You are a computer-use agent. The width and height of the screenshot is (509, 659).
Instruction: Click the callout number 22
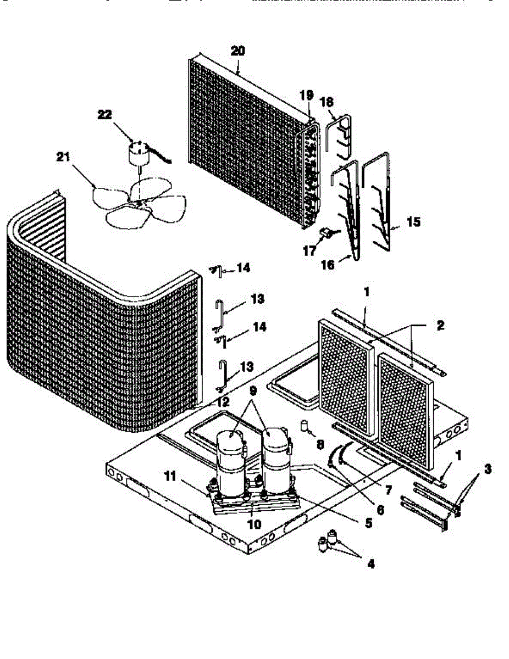[x=104, y=114]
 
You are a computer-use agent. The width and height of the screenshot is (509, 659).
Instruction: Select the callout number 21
[x=63, y=158]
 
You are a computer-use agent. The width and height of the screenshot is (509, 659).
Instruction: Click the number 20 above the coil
[x=238, y=51]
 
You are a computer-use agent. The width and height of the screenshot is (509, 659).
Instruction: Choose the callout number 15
[x=413, y=222]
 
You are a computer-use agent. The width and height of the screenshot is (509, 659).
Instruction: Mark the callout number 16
[x=328, y=265]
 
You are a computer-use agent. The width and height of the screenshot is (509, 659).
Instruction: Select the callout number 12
[x=222, y=403]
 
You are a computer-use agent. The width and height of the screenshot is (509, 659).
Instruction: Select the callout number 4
[x=370, y=563]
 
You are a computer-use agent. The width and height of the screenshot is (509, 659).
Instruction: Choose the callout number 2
[x=440, y=325]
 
